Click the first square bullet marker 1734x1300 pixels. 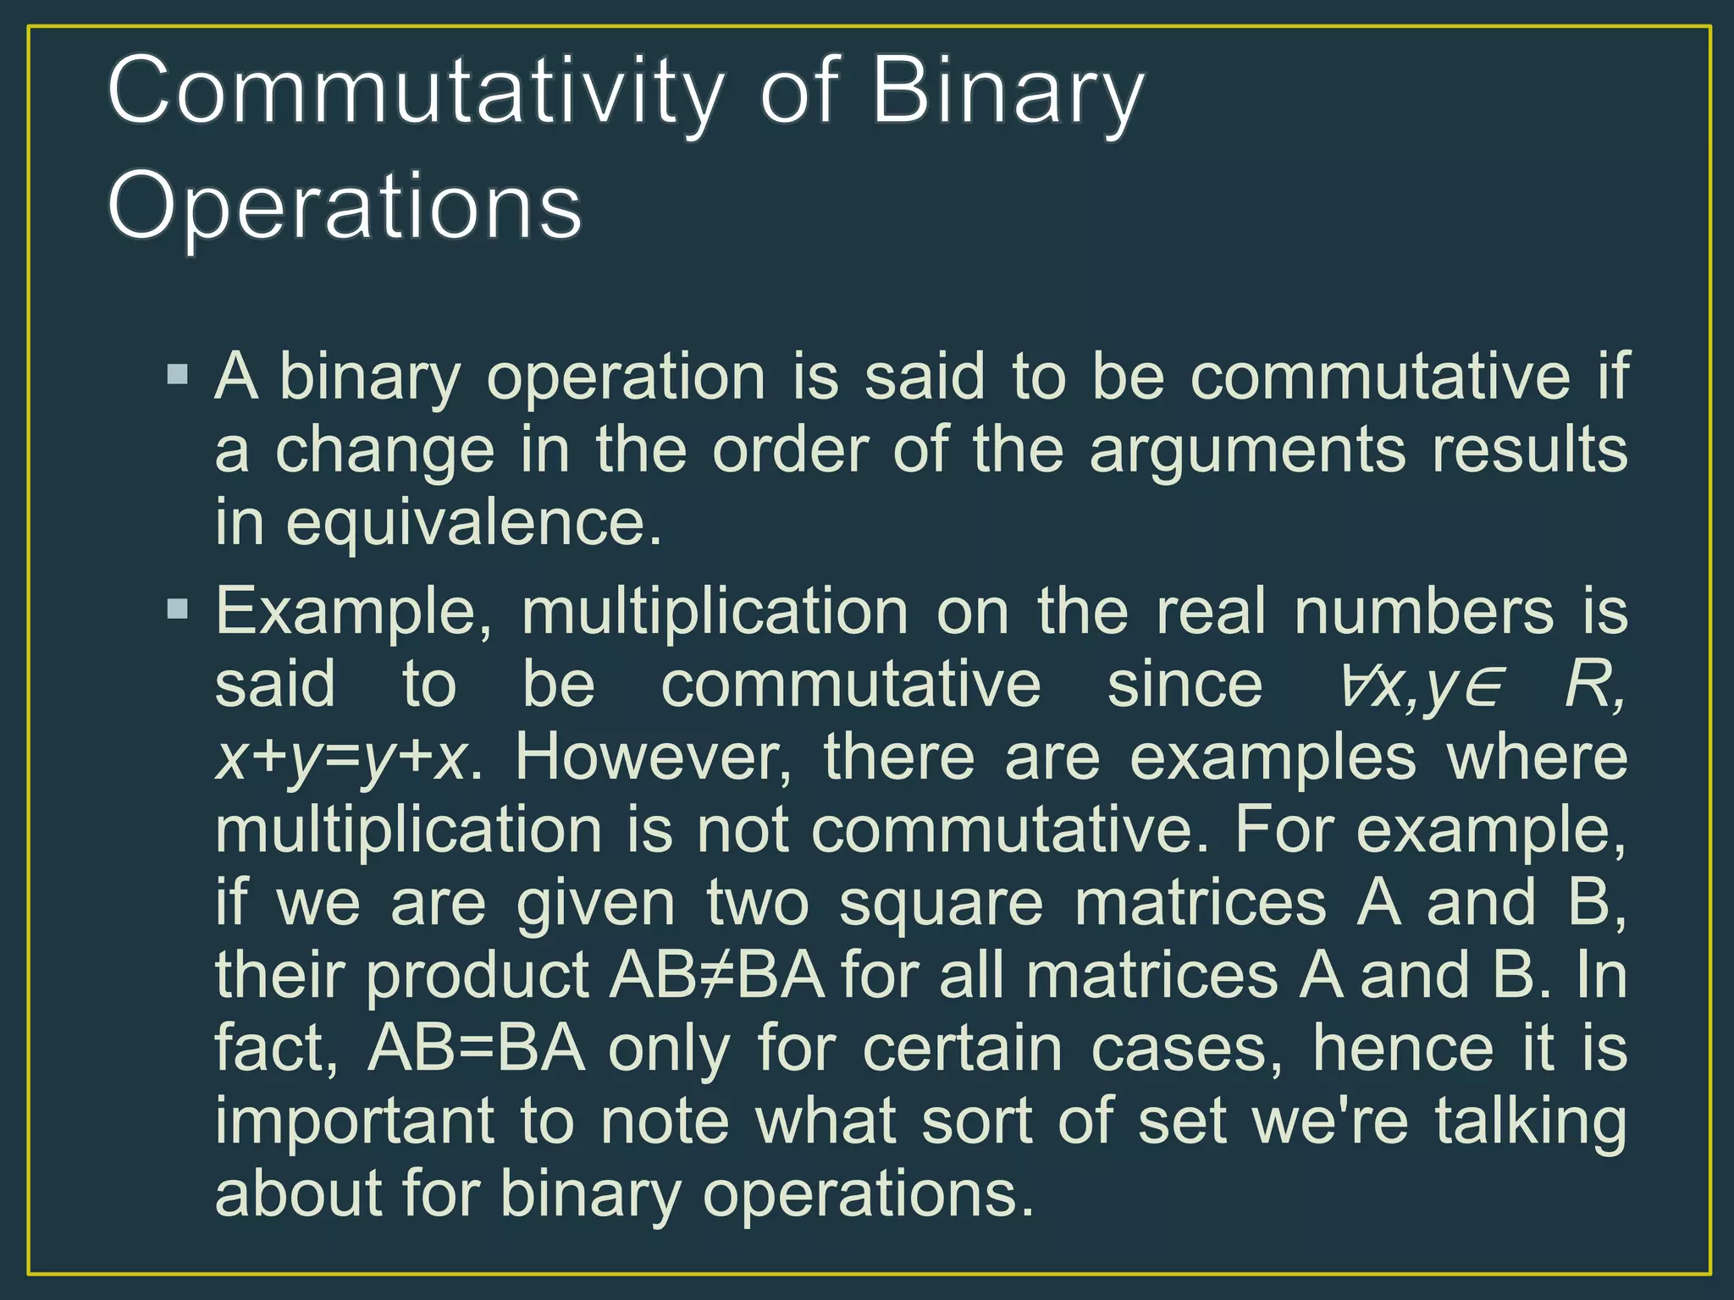(178, 374)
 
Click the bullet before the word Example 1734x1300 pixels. (178, 609)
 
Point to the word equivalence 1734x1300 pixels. (472, 524)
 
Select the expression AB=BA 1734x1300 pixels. (476, 1049)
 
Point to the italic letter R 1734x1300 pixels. (1587, 685)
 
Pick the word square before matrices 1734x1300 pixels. (941, 903)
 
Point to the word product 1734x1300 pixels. (477, 976)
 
